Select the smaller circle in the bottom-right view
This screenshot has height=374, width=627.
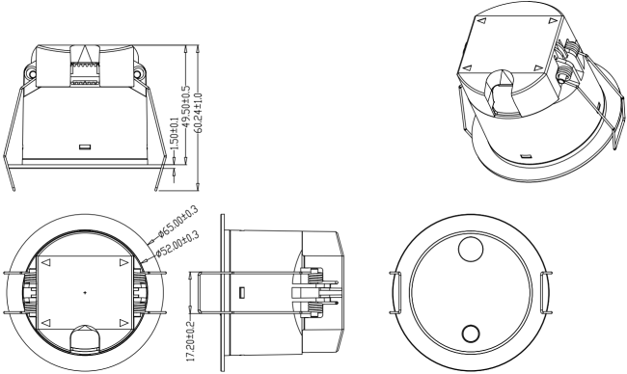point(470,334)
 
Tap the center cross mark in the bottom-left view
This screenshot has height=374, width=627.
point(85,291)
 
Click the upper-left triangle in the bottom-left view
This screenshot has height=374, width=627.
point(46,261)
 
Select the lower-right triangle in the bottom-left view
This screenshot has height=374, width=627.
point(123,320)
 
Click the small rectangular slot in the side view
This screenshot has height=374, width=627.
point(243,291)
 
